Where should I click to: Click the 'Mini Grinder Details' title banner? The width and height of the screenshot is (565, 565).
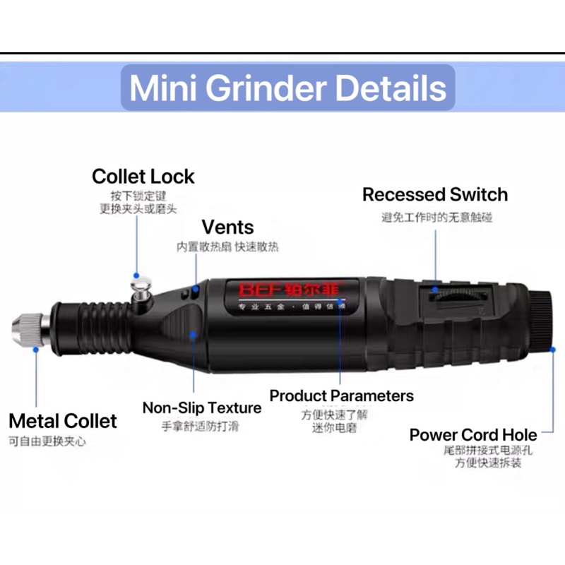288,88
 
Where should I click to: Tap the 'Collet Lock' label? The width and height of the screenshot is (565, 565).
143,177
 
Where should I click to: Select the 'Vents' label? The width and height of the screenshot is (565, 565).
227,227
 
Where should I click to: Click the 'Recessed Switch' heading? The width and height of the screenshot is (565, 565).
435,195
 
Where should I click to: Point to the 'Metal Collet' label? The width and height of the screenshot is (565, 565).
63,422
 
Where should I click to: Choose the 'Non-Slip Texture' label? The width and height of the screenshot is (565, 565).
202,408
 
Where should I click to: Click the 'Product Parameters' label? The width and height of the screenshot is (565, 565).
342,395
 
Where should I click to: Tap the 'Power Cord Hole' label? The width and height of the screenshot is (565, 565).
473,435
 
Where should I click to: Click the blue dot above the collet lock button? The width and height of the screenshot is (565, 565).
136,275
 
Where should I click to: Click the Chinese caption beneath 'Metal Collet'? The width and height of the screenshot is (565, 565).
47,442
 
